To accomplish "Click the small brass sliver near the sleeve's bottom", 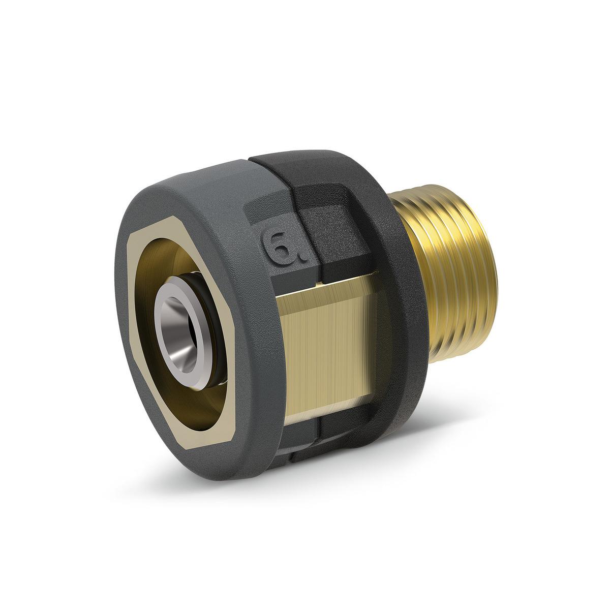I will click(x=292, y=442).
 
